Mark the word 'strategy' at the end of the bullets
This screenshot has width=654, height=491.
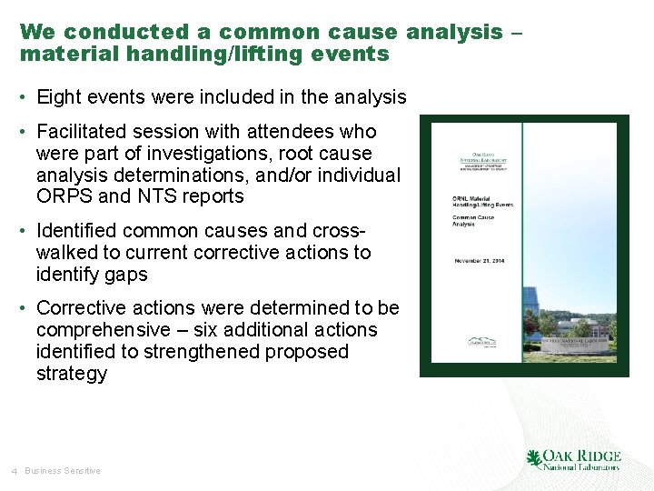[x=72, y=374]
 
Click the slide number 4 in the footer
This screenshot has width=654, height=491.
[x=15, y=471]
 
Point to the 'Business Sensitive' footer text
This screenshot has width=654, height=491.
[x=63, y=471]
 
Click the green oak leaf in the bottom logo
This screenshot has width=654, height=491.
[x=534, y=458]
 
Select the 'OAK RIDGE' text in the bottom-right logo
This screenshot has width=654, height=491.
[x=582, y=456]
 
